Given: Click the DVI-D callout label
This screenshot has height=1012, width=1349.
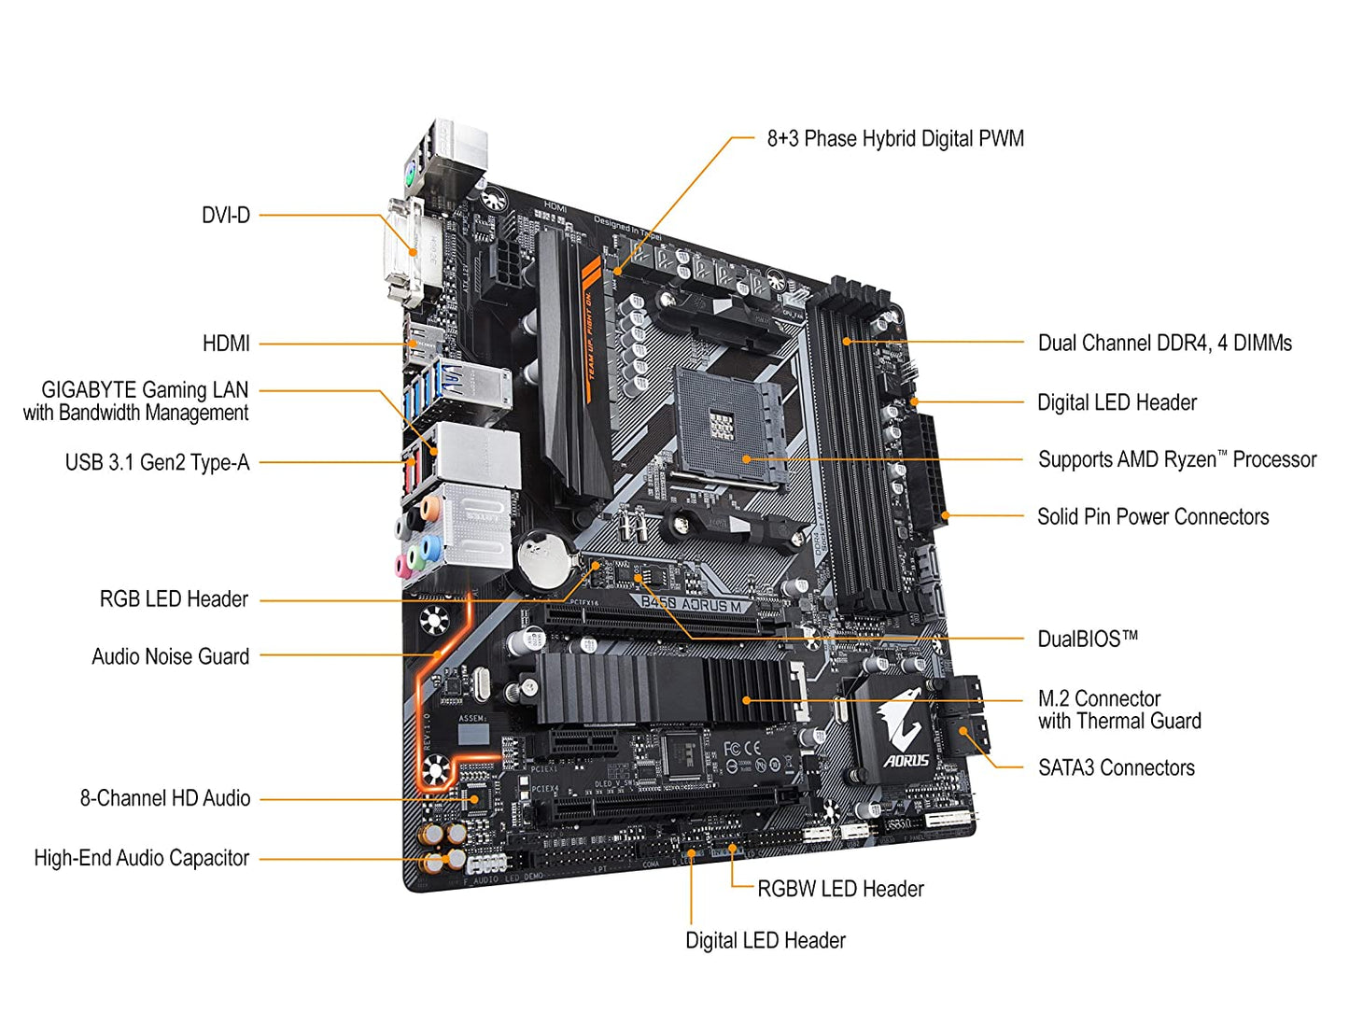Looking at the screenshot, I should tap(226, 216).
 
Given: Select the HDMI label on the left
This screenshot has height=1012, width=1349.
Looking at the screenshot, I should tap(226, 344).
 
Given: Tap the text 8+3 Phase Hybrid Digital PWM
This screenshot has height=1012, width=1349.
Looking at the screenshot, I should tap(894, 139).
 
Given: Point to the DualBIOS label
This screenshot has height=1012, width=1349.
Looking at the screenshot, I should tap(1088, 640).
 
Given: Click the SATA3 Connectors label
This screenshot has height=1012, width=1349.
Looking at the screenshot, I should tap(1116, 768).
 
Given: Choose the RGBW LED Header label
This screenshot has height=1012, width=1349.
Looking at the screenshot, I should tap(840, 889).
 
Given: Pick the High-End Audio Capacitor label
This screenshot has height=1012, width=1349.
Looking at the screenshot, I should tap(142, 858).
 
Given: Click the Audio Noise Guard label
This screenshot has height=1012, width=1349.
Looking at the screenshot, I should tap(170, 656).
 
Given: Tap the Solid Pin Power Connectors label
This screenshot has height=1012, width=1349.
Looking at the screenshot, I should tap(1153, 517).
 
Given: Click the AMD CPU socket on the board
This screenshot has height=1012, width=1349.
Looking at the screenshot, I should tap(731, 425).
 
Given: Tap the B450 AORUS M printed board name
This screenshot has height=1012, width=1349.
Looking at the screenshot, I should tap(692, 604).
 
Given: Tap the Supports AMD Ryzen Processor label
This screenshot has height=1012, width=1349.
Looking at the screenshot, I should tap(1176, 459).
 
